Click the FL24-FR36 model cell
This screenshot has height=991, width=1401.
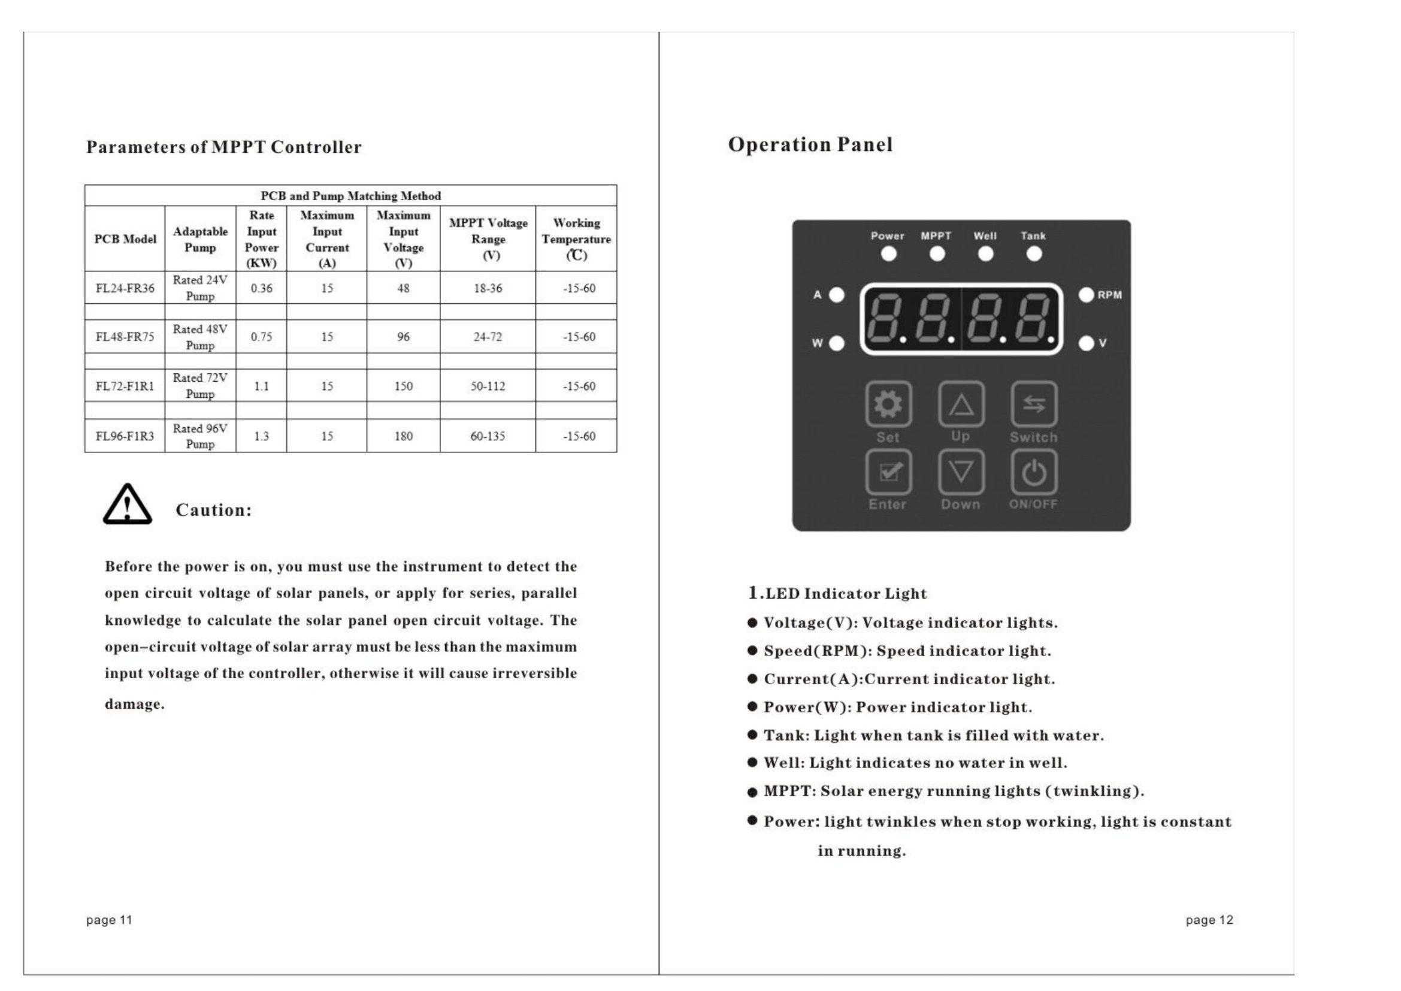[125, 288]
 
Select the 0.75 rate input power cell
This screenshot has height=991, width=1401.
[261, 337]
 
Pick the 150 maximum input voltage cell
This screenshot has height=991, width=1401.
[403, 386]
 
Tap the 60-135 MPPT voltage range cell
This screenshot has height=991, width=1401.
[488, 436]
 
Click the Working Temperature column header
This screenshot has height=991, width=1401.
[576, 238]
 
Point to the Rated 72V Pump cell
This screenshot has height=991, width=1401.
[200, 386]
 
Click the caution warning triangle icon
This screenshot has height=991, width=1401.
[127, 504]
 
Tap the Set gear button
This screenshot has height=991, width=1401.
[888, 404]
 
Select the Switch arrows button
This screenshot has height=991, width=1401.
[1034, 404]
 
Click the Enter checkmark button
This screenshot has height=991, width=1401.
[888, 472]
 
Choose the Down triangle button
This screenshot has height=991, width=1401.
[961, 472]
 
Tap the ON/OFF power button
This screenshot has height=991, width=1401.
[1034, 472]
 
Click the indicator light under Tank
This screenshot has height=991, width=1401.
[1034, 254]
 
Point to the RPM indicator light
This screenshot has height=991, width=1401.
[1086, 295]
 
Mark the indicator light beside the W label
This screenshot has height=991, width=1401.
[837, 343]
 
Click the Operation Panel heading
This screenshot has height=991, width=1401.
[810, 144]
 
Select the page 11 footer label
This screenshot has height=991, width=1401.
[109, 920]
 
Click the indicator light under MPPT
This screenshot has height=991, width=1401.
[937, 254]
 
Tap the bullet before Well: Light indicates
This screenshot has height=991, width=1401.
[752, 763]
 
